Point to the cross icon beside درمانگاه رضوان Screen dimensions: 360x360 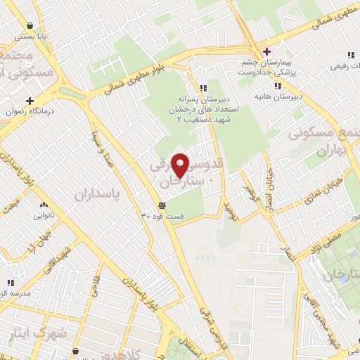click(30, 101)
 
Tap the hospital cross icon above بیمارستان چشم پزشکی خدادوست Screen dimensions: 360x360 click(266, 51)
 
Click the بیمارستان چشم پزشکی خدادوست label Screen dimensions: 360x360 click(266, 67)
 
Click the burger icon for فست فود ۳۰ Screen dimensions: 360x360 click(162, 205)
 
